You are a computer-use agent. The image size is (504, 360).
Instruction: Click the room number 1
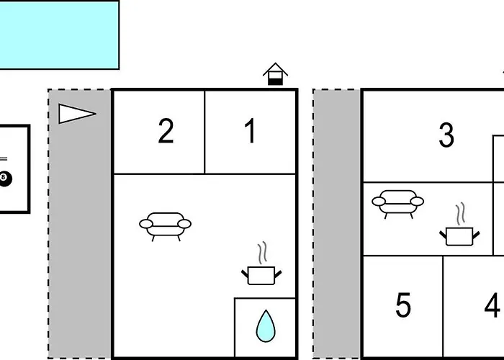(x=251, y=130)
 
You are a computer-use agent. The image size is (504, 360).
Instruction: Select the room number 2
(x=166, y=130)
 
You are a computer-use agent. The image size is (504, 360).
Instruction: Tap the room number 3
(x=446, y=135)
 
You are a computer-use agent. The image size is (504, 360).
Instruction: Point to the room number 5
(x=403, y=305)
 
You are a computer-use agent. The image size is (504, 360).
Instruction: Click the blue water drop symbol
(x=266, y=326)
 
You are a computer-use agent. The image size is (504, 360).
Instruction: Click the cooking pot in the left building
(x=261, y=276)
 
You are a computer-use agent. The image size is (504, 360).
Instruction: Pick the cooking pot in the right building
(x=459, y=236)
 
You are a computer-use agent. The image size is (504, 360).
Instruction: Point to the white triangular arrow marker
(x=77, y=114)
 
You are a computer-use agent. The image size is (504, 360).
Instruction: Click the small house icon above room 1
(x=275, y=74)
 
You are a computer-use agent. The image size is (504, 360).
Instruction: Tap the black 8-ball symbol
(x=5, y=179)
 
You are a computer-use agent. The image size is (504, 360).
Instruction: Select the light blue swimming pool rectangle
(x=59, y=35)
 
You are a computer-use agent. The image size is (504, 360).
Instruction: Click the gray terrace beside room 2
(x=80, y=224)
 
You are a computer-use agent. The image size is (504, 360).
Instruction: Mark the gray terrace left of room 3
(x=336, y=224)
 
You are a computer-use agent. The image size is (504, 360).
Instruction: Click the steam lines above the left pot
(x=262, y=253)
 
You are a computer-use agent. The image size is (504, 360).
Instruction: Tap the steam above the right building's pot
(x=460, y=213)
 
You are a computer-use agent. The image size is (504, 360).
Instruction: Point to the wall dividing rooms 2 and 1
(x=204, y=132)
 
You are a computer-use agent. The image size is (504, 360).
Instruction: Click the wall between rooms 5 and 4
(x=443, y=307)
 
